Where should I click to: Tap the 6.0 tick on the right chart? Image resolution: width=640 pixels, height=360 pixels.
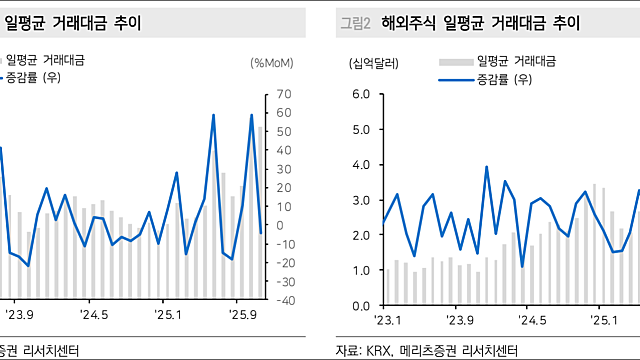[362, 95]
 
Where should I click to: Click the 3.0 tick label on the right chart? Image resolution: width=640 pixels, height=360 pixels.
[362, 200]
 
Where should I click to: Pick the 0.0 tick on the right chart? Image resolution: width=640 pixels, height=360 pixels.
[362, 305]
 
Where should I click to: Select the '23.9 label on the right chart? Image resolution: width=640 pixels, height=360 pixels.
[460, 320]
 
